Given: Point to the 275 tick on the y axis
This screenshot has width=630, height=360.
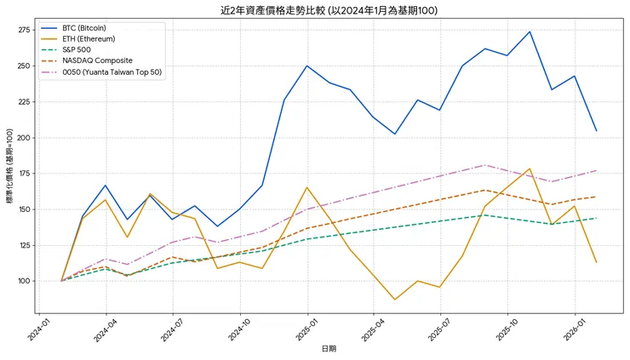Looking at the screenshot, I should point(23,30).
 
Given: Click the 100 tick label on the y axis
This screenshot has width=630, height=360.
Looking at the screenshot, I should point(23,281).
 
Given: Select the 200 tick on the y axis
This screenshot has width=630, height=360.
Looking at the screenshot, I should point(23,138).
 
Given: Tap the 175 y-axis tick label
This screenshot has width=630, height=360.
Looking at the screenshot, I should point(23,174).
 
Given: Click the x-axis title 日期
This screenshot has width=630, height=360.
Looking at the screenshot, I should point(329,349).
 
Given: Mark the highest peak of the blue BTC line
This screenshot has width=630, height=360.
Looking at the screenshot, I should point(530,31).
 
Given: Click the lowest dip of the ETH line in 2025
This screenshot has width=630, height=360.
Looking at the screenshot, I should point(394,300).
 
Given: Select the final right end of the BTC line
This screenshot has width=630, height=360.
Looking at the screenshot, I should point(596,130).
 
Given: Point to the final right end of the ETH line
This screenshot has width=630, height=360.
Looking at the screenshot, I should point(596,262).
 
